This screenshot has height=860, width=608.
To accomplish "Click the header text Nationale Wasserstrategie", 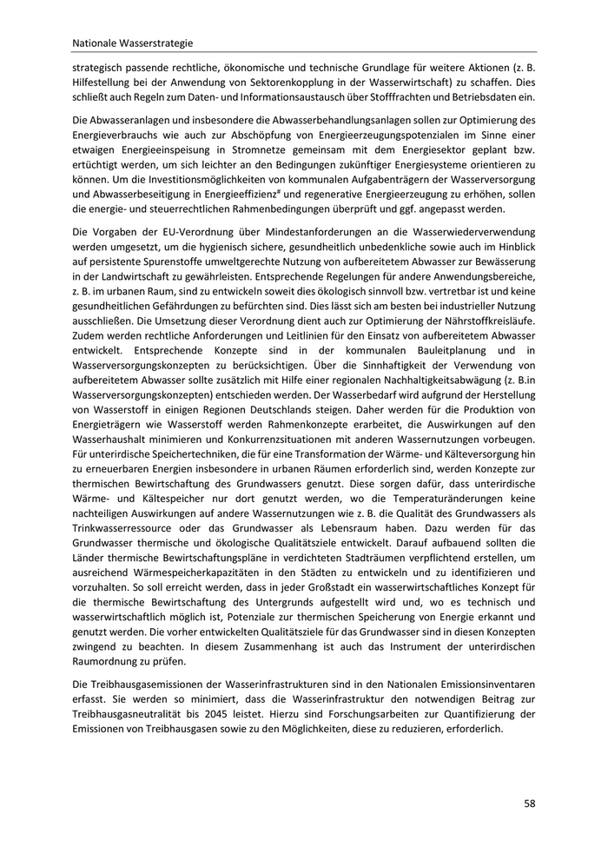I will (x=133, y=41).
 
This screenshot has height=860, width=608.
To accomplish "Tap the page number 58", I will (x=529, y=803).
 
